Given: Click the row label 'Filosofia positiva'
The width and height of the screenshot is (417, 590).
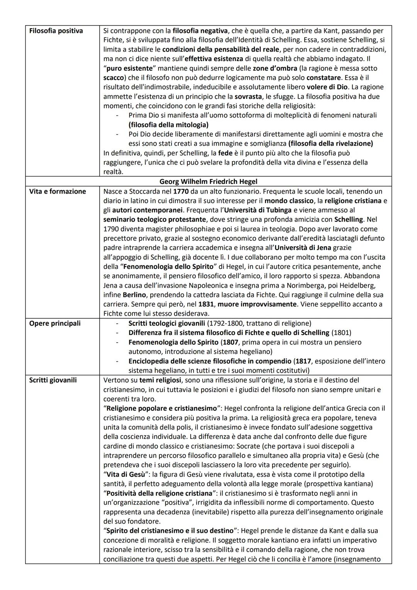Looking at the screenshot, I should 56,31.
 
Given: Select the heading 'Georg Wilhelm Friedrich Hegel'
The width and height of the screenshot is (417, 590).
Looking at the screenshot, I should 208,181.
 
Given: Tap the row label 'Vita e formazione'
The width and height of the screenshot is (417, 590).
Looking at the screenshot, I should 58,191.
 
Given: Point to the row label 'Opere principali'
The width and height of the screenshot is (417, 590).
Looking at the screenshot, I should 55,323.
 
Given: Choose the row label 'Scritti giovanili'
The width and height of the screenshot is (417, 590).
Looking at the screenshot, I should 53,380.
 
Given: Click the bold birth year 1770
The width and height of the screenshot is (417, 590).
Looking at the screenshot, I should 181,191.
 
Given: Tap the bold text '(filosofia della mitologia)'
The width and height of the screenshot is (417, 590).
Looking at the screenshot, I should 168,124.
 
